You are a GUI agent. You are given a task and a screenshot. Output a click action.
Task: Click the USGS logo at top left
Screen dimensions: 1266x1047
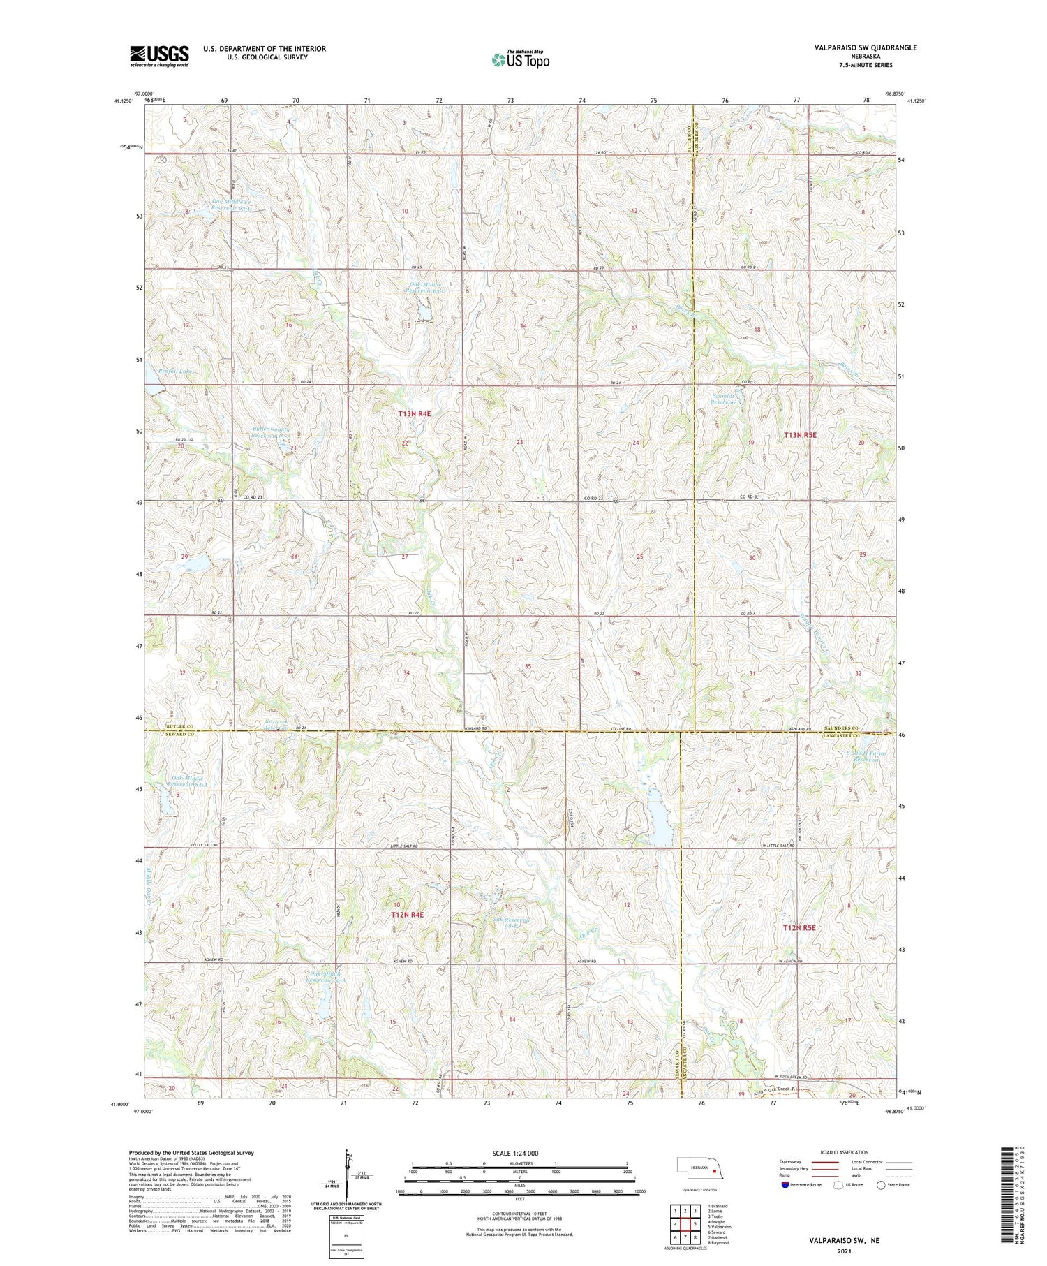pyautogui.click(x=159, y=56)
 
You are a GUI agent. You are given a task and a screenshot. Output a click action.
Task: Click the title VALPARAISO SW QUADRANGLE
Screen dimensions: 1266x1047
pyautogui.click(x=865, y=47)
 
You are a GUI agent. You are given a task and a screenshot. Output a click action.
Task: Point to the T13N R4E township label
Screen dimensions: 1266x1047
pyautogui.click(x=415, y=414)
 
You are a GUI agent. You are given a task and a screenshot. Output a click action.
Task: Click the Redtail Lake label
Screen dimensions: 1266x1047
pyautogui.click(x=174, y=371)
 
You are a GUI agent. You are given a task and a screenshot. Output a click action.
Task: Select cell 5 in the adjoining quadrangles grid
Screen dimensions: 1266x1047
pyautogui.click(x=695, y=1224)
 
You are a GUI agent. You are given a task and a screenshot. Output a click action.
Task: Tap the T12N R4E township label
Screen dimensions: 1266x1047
pyautogui.click(x=407, y=914)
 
